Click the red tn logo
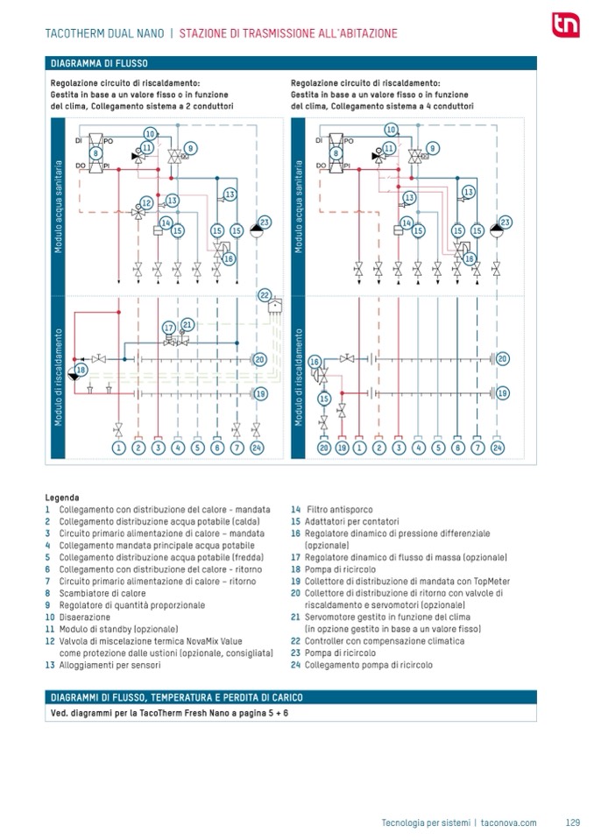pos(566,25)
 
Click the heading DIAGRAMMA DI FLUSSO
pos(99,63)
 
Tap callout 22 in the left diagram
pos(265,295)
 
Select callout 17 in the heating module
pos(169,328)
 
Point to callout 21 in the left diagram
pos(187,324)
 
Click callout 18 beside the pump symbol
pos(81,370)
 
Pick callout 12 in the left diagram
pos(147,203)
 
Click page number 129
pos(573,822)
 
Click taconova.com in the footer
pos(508,822)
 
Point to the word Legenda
pos(62,498)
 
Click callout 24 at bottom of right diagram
pos(498,448)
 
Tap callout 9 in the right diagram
pos(432,148)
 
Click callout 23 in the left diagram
pos(264,222)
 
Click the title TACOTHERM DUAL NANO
pos(104,33)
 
